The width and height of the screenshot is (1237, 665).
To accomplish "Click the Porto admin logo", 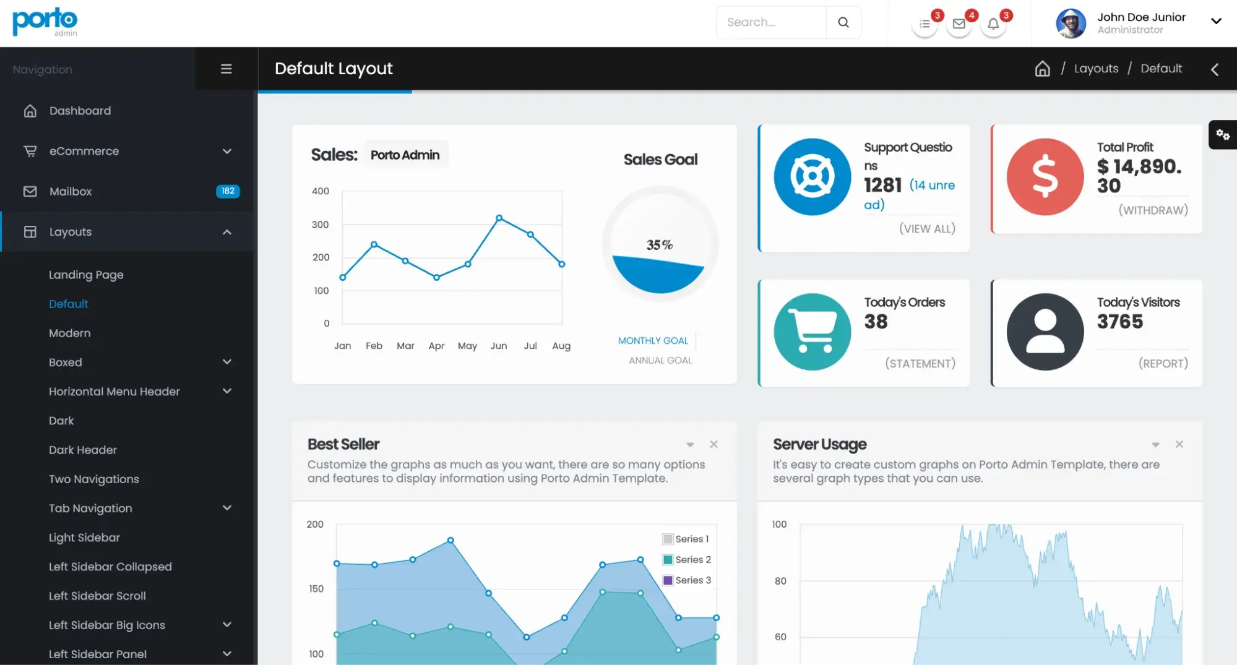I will pyautogui.click(x=45, y=22).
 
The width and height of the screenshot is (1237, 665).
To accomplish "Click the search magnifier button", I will pyautogui.click(x=843, y=22).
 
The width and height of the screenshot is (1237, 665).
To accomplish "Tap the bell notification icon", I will pyautogui.click(x=993, y=24).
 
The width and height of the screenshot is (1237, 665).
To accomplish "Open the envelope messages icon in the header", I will pyautogui.click(x=959, y=24).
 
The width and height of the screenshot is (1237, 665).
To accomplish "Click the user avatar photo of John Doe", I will pyautogui.click(x=1071, y=24).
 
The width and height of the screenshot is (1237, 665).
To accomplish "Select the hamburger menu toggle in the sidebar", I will pyautogui.click(x=226, y=69).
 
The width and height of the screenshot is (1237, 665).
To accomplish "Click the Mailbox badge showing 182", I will pyautogui.click(x=228, y=191).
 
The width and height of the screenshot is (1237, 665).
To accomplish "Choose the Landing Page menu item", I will pyautogui.click(x=86, y=275).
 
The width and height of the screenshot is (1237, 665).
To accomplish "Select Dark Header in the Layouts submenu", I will pyautogui.click(x=83, y=450).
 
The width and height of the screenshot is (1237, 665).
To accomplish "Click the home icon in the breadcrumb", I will pyautogui.click(x=1042, y=69).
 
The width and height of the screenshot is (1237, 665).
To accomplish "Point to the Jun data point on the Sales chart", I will pyautogui.click(x=499, y=218).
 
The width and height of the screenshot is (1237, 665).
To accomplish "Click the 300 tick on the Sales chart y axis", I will pyautogui.click(x=320, y=225).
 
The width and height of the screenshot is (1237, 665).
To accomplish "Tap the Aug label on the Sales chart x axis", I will pyautogui.click(x=561, y=346).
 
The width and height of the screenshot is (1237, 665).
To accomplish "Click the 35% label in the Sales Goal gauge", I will pyautogui.click(x=660, y=245).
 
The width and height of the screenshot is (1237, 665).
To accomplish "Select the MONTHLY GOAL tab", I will pyautogui.click(x=653, y=341).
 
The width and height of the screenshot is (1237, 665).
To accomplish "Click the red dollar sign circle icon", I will pyautogui.click(x=1045, y=177).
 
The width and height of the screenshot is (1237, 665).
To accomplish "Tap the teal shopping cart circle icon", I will pyautogui.click(x=812, y=332).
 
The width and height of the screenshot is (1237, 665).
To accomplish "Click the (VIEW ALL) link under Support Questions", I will pyautogui.click(x=927, y=229).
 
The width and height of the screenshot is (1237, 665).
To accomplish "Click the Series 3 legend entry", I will pyautogui.click(x=687, y=580).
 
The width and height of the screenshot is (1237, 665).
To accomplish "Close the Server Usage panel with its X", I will pyautogui.click(x=1179, y=444).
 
